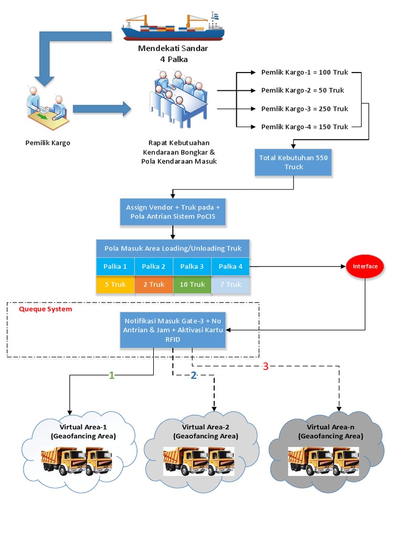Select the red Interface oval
click(x=365, y=266)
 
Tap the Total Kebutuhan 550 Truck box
click(x=293, y=162)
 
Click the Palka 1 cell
click(x=115, y=266)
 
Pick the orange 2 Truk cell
click(x=154, y=284)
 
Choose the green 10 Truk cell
click(x=192, y=284)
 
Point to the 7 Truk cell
click(x=230, y=284)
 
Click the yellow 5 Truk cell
click(x=115, y=284)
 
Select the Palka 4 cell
click(x=230, y=266)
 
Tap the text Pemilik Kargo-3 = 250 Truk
click(x=304, y=109)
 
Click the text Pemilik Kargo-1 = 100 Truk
click(x=304, y=72)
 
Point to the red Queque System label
click(x=46, y=309)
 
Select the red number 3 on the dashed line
click(x=265, y=367)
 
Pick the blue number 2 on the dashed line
click(x=193, y=375)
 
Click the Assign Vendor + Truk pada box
click(x=173, y=212)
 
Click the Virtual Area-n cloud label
click(x=330, y=431)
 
